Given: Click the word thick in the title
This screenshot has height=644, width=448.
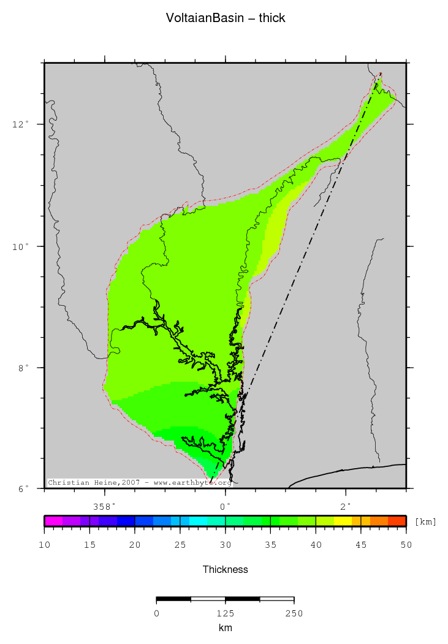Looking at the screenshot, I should click(271, 18).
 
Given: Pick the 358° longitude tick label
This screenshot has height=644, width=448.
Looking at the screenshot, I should click(105, 506).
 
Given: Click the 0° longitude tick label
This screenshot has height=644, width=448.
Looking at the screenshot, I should click(226, 506).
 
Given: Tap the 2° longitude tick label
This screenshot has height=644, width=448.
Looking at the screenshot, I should click(346, 506).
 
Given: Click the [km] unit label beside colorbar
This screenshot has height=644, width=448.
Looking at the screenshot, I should click(425, 522).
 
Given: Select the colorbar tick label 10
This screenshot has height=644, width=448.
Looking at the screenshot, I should click(44, 544).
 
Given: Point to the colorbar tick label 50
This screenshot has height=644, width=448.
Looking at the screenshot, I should click(406, 544).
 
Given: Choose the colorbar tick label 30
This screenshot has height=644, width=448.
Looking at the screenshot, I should click(225, 544).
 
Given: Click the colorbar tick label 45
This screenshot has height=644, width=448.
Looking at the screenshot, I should click(361, 544).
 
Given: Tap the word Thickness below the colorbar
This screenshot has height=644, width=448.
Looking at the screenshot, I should click(226, 570).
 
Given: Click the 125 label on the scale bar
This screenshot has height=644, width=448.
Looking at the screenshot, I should click(226, 613).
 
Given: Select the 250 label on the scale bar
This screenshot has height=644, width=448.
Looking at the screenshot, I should click(294, 613).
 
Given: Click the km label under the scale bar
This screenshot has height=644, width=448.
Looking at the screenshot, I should click(226, 628).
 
